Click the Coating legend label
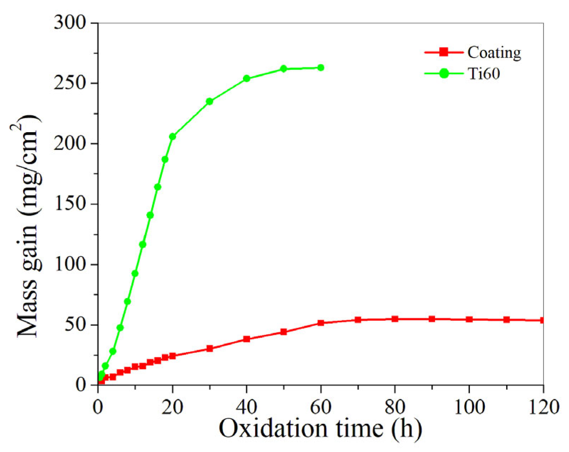point(494,53)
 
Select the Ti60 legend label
point(484,74)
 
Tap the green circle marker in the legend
point(444,74)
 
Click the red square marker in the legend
point(444,52)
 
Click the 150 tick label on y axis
point(70,204)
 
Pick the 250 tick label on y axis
point(70,83)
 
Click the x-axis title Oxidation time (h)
point(320,429)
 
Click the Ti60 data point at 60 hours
point(320,68)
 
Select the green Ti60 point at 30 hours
point(210,101)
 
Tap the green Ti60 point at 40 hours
point(246,79)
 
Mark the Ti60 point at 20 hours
point(173,136)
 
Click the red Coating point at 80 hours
point(395,319)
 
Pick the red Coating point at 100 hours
point(469,319)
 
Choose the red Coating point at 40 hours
point(246,339)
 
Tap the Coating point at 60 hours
point(321,323)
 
